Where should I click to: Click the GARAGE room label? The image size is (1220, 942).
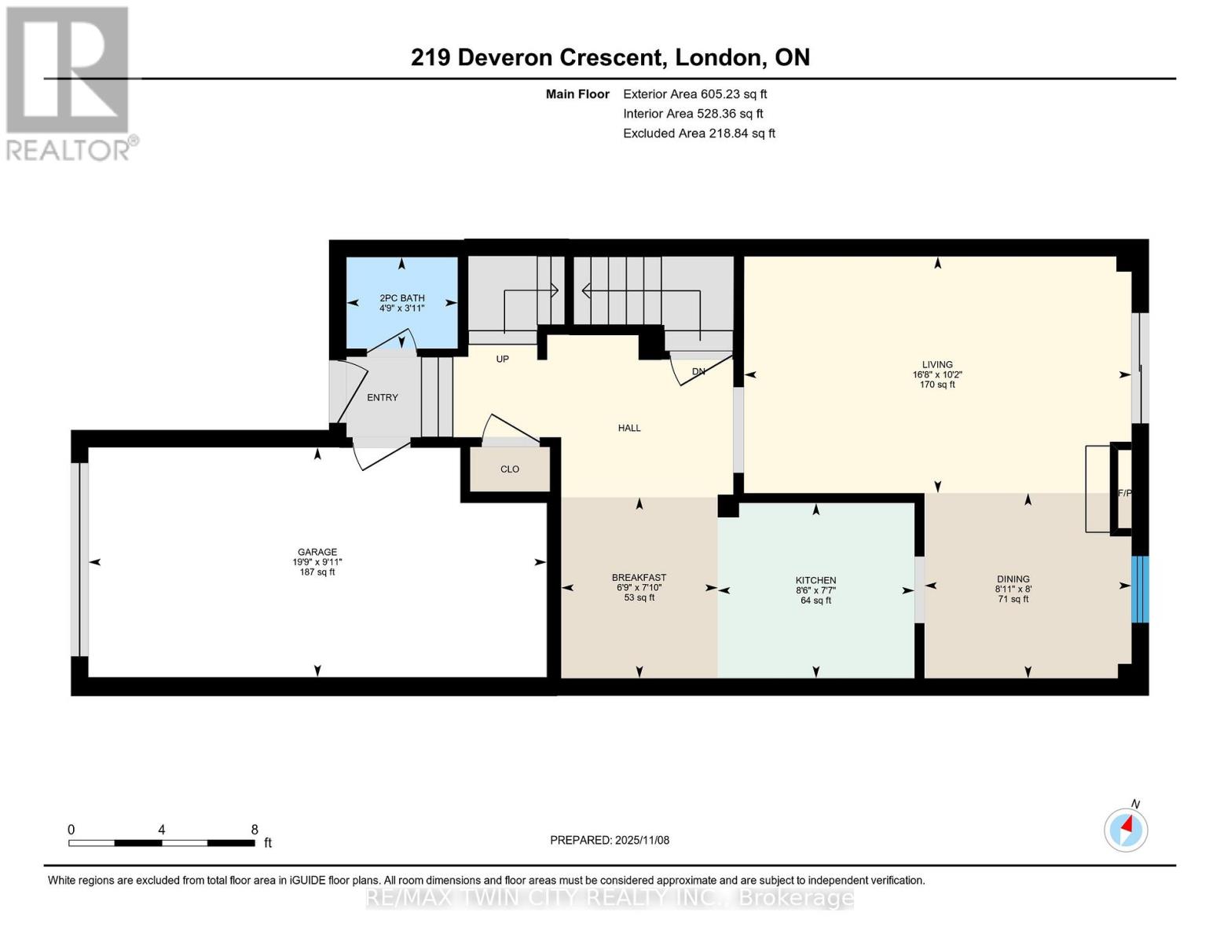317,552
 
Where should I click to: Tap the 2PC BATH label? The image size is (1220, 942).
402,298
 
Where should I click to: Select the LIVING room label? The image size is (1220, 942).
937,365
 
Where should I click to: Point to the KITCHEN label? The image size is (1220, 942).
815,581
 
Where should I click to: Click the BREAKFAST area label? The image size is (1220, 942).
639,578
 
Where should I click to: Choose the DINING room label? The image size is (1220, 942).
1013,579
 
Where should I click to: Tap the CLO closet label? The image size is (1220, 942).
510,469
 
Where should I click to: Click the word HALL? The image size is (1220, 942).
629,428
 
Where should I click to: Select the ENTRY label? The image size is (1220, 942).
383,398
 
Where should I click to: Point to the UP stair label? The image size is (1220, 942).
503,359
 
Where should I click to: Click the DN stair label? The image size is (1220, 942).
698,371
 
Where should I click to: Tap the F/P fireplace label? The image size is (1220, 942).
1125,493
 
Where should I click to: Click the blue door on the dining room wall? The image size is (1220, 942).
1141,589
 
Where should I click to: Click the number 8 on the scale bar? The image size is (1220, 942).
255,829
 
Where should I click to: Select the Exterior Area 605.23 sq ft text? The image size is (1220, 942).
695,94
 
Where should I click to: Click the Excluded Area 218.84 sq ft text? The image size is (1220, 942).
699,133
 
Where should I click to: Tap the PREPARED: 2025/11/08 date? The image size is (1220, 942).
610,840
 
